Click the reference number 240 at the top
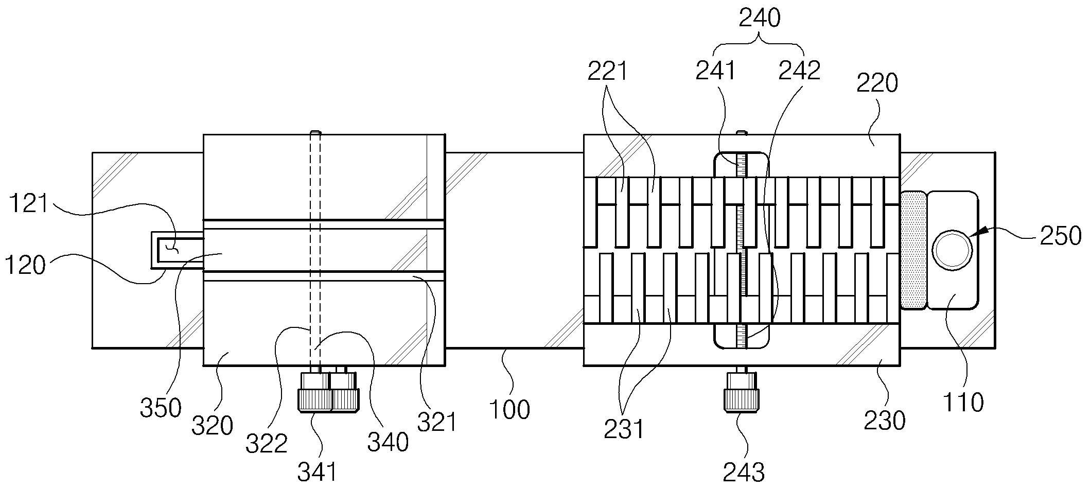(x=760, y=19)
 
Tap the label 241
(x=715, y=71)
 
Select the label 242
(x=799, y=71)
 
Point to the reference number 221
(x=608, y=71)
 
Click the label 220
(x=877, y=82)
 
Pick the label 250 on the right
(x=1060, y=236)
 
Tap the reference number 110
(x=963, y=402)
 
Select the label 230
(x=884, y=421)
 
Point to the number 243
(x=744, y=471)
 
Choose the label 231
(x=624, y=429)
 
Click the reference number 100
(x=509, y=410)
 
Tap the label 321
(x=437, y=422)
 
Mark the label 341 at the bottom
(x=318, y=471)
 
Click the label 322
(x=266, y=443)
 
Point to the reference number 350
(x=161, y=408)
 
